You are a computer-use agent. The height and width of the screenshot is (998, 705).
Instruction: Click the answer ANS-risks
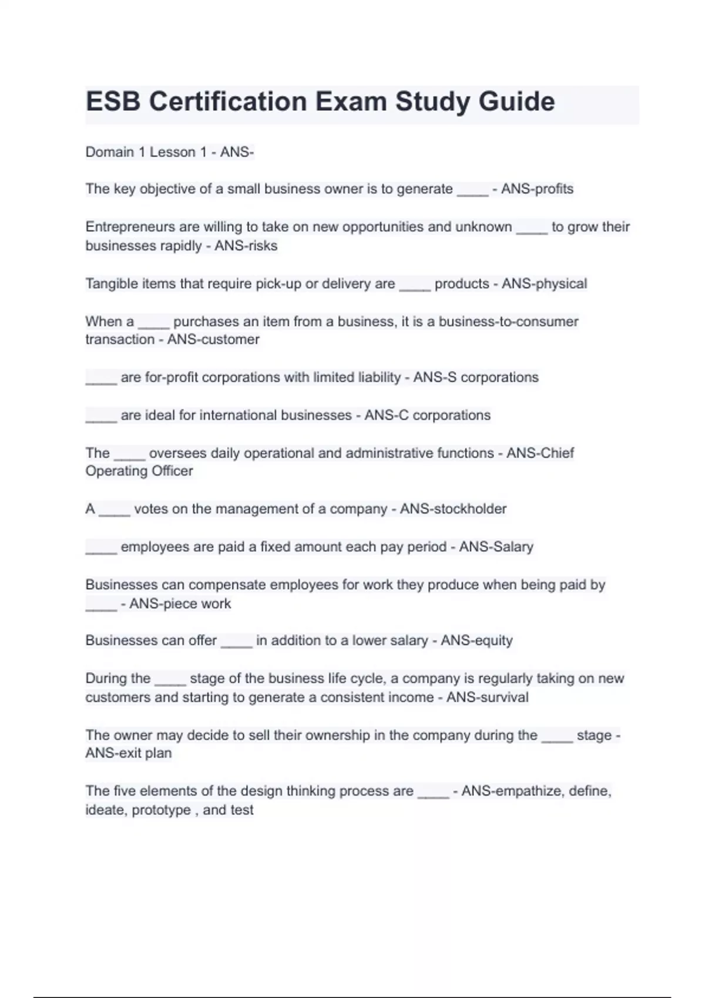pos(246,246)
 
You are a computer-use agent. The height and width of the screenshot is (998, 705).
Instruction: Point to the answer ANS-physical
pos(544,284)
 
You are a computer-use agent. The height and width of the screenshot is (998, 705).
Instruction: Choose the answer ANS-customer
pos(213,339)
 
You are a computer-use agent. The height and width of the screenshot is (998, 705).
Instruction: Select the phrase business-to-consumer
pos(508,322)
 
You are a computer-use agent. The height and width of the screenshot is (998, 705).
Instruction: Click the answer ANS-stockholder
pos(453,509)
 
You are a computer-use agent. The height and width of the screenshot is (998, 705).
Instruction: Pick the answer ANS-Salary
pos(496,547)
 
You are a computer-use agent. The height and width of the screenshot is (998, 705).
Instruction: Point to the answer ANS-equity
pos(476,640)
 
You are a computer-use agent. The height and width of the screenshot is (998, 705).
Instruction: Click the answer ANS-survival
pos(487,697)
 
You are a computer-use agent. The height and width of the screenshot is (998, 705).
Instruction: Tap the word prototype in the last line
pos(161,810)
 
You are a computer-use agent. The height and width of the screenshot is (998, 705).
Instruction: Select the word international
pos(238,416)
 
